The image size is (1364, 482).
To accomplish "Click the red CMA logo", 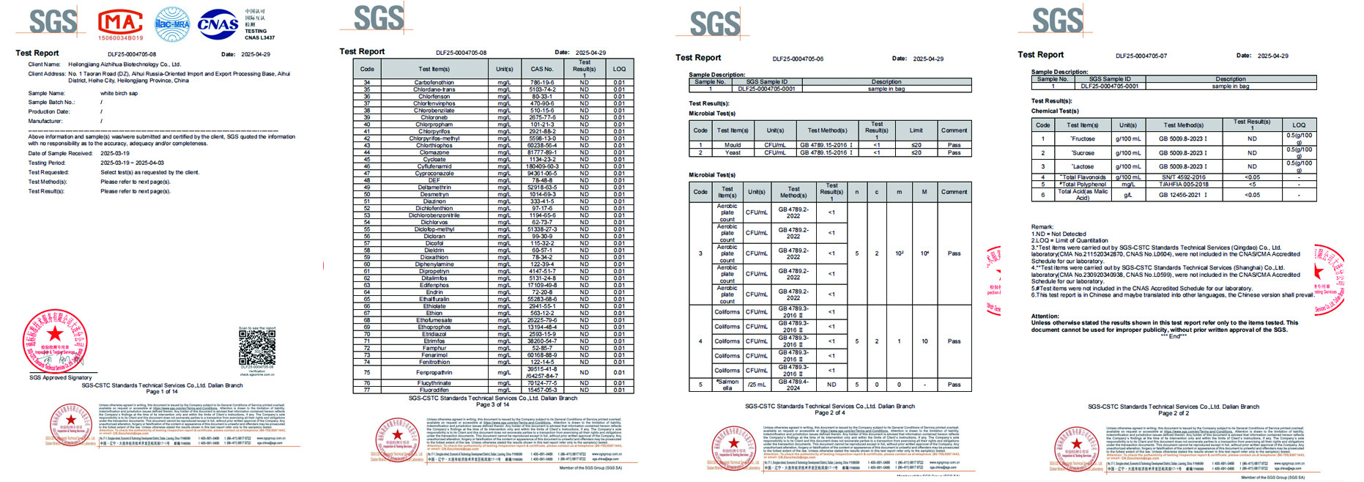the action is pos(121,23).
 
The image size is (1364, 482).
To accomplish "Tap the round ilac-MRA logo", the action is pos(173,24).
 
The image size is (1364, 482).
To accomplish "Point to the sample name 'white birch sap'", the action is pos(119,93).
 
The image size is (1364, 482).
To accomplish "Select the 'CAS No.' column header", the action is pos(542,69).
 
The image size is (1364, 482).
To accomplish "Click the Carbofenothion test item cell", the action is pos(434,83).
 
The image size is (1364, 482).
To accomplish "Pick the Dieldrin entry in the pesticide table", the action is pos(434,251).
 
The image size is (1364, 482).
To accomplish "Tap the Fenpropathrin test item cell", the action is pos(434,372).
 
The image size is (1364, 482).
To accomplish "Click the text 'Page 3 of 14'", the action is pos(492,404).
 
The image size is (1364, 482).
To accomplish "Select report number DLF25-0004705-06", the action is pos(798,59).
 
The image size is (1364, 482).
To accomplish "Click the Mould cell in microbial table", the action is pos(733,145).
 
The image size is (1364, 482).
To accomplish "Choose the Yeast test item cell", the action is pos(733,152).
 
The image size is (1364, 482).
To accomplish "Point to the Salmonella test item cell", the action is pos(727,385).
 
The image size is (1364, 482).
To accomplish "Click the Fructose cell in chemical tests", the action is pos(1082,138).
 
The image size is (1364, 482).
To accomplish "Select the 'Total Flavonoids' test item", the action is pos(1083,177).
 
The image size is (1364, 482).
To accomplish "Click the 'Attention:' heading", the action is pos(1045,316).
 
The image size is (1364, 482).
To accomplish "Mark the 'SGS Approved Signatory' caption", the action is pos(61,378).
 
